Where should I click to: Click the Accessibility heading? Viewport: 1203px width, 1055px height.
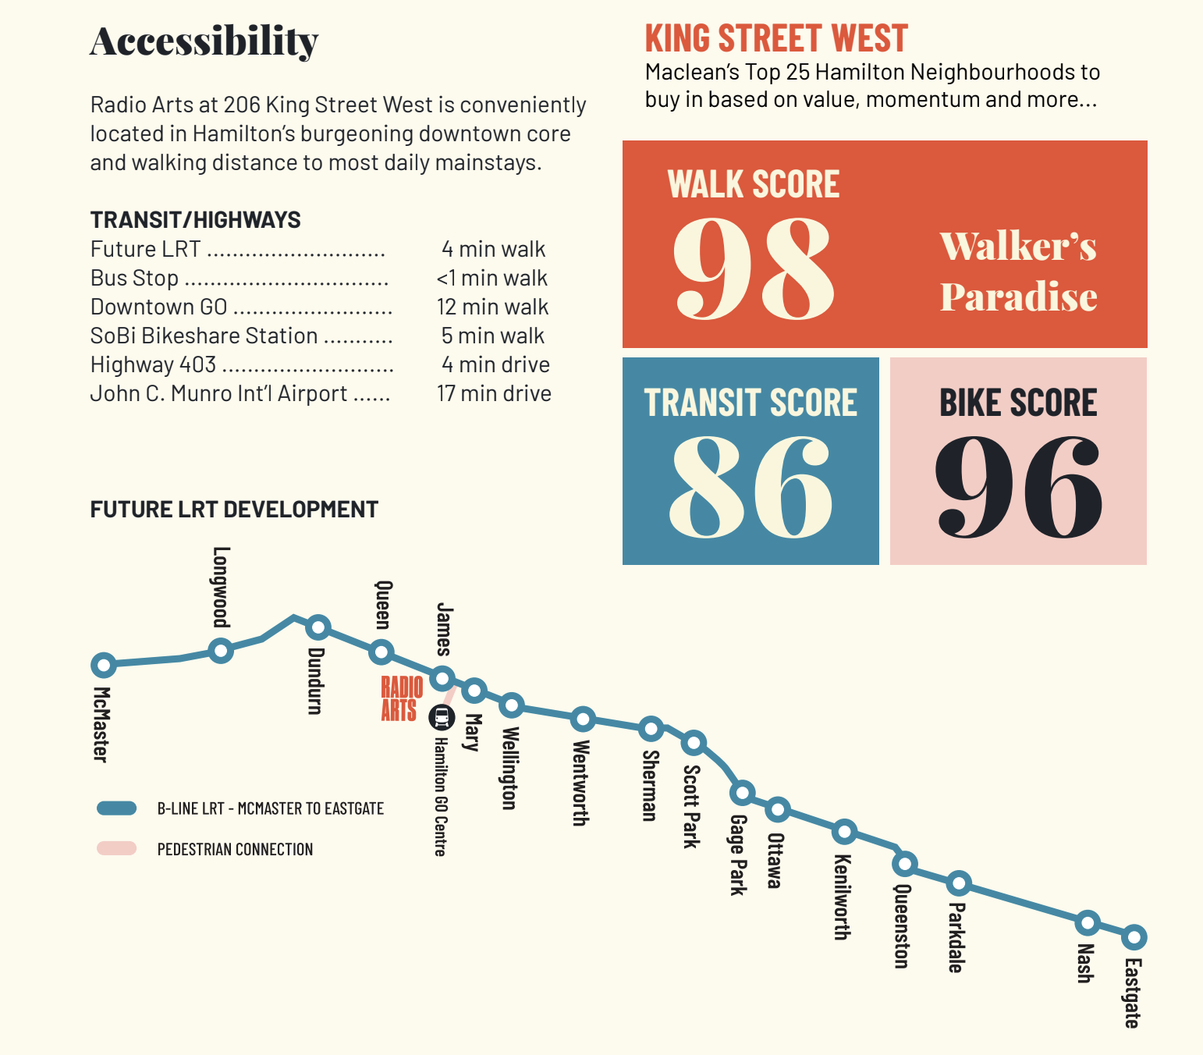click(x=204, y=41)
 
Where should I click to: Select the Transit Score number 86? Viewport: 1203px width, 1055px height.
click(x=751, y=485)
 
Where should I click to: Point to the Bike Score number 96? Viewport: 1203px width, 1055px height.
click(x=1018, y=485)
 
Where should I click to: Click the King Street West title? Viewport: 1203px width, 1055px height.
click(x=776, y=38)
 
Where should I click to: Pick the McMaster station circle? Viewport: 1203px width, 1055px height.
click(x=103, y=665)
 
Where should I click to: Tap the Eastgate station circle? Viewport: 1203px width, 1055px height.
click(x=1134, y=936)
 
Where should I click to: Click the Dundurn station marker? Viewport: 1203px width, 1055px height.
click(x=318, y=627)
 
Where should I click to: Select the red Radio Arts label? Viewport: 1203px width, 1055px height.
click(x=402, y=699)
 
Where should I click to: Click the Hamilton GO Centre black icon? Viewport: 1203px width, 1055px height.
click(x=442, y=716)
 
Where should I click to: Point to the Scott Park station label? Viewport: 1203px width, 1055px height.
click(x=691, y=805)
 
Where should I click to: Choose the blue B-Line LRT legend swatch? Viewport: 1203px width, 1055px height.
click(x=117, y=808)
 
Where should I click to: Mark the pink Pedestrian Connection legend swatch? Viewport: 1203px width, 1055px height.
click(x=117, y=848)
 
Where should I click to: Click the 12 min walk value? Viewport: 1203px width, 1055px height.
click(x=492, y=307)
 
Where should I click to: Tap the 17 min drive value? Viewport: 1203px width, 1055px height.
click(x=494, y=393)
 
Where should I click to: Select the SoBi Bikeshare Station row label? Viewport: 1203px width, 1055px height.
click(x=204, y=336)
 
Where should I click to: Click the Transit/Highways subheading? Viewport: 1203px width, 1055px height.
click(x=195, y=220)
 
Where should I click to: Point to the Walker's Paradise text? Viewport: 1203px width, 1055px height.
click(x=1018, y=271)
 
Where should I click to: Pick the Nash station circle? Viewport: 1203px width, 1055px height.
click(x=1087, y=923)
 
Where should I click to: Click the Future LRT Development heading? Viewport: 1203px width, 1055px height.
click(x=234, y=510)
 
